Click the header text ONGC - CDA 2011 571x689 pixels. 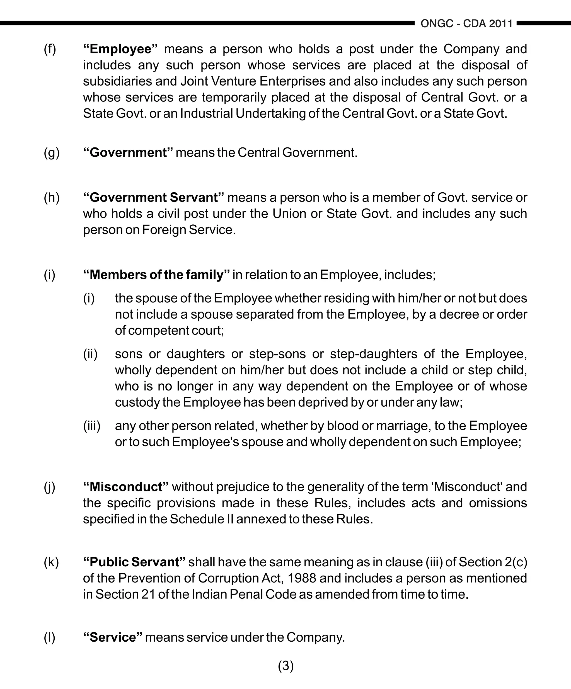[x=466, y=24]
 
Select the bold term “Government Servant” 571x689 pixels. [x=154, y=198]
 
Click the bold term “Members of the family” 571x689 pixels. [x=156, y=275]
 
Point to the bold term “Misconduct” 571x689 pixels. [x=126, y=487]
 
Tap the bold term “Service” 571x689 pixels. [x=113, y=637]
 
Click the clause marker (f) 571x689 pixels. [x=50, y=49]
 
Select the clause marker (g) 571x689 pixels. [x=52, y=153]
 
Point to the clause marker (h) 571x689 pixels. [x=52, y=198]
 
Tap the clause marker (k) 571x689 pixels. [x=51, y=562]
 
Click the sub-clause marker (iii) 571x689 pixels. [x=91, y=426]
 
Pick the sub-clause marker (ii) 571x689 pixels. [x=90, y=354]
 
